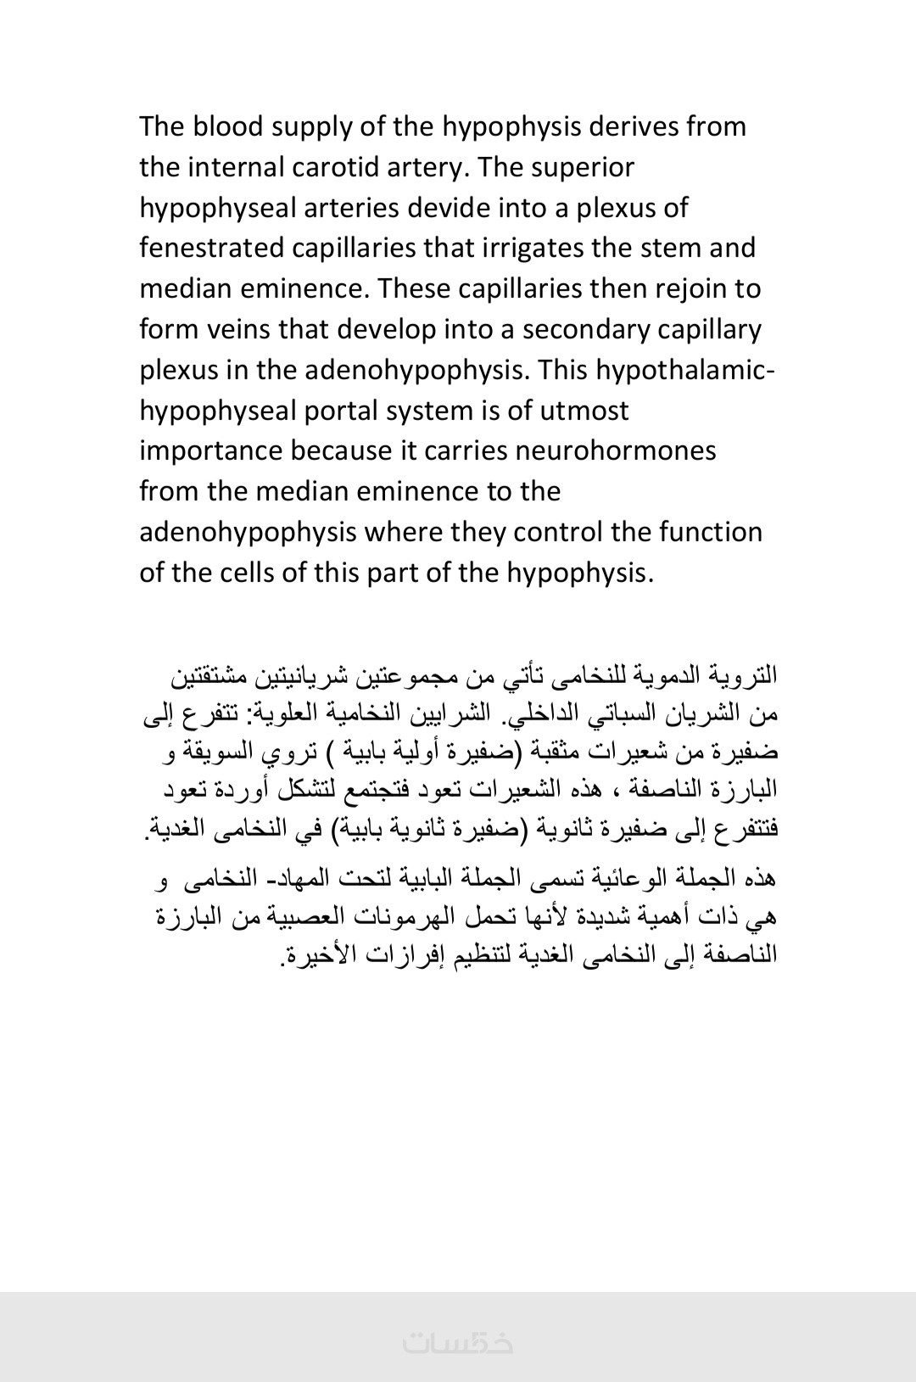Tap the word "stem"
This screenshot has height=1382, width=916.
pyautogui.click(x=667, y=248)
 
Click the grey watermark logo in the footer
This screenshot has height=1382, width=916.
pyautogui.click(x=458, y=1343)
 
